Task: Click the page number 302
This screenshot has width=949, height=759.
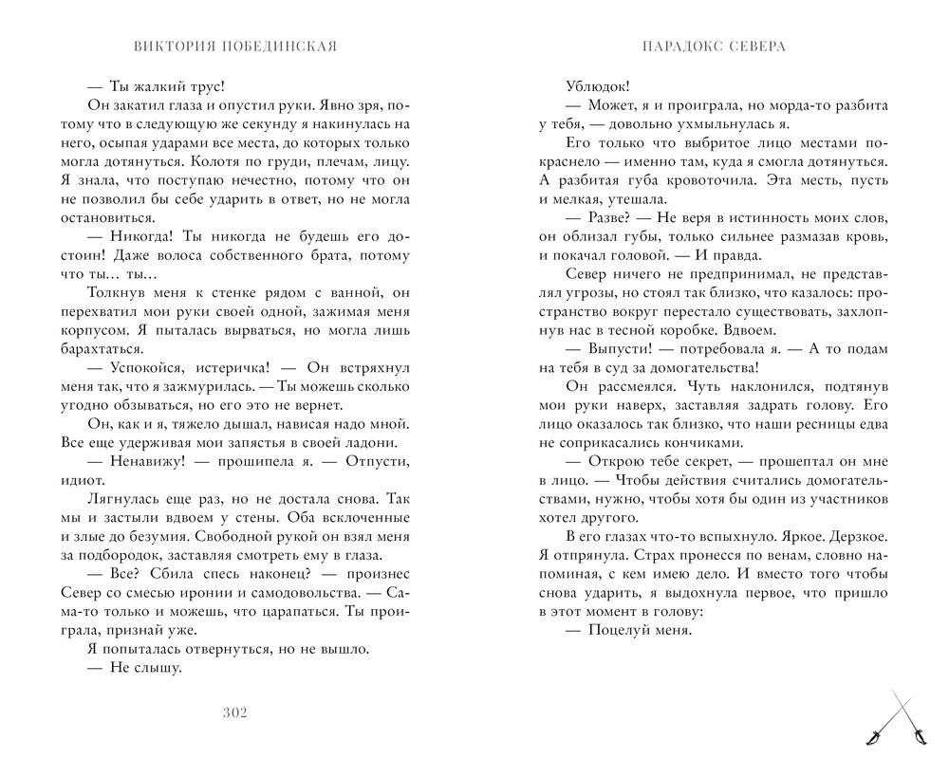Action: coord(233,713)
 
